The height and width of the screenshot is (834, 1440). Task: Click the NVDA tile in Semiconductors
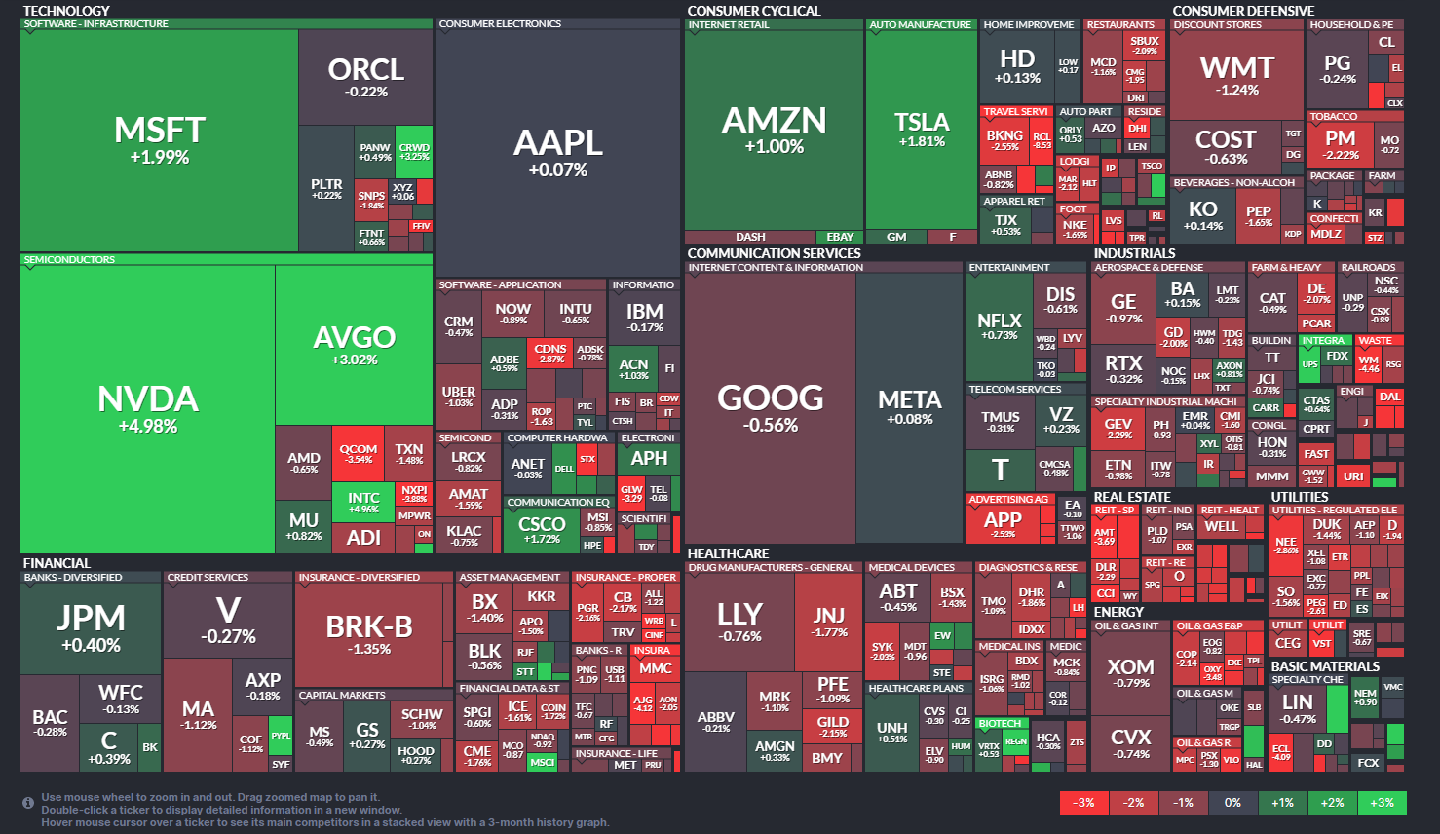(x=148, y=409)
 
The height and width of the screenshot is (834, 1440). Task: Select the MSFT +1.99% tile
(x=160, y=140)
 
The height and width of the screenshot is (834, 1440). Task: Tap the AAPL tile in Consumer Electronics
(x=557, y=154)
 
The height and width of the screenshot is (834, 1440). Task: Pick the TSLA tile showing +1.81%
(x=922, y=130)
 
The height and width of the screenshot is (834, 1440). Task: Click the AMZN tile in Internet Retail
(x=774, y=130)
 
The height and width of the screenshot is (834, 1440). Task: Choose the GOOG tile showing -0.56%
(x=771, y=407)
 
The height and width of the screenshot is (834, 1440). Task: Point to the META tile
(x=910, y=407)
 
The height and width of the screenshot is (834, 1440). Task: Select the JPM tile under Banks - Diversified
(x=91, y=627)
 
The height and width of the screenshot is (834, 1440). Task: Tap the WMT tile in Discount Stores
(x=1236, y=75)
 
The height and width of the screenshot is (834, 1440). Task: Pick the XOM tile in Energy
(x=1130, y=672)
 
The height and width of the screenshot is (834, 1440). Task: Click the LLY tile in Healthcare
(x=739, y=621)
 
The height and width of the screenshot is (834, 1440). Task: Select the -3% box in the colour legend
(x=1083, y=803)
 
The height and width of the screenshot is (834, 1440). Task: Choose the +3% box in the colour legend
(x=1382, y=803)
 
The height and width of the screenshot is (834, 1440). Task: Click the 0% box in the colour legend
(x=1232, y=803)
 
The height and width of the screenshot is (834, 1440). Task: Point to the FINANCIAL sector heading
(x=57, y=563)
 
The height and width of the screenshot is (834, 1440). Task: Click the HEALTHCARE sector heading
(x=728, y=553)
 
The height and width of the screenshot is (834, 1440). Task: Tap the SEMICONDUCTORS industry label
(x=69, y=260)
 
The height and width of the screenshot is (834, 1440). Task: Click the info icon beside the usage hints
(x=28, y=803)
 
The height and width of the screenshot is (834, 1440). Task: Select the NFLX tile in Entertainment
(x=999, y=326)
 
